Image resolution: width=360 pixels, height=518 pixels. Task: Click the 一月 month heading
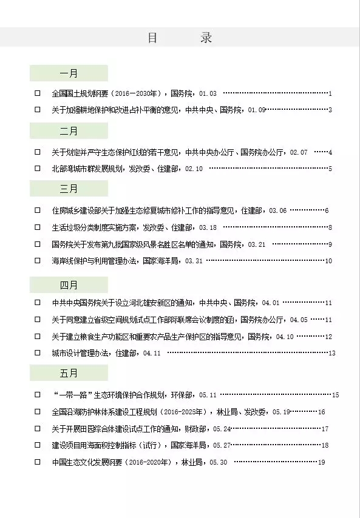tap(69, 73)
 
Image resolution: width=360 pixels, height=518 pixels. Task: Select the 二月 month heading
tap(69, 131)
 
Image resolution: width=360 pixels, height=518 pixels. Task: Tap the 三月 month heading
tap(69, 189)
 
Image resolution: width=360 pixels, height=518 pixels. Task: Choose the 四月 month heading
tap(69, 284)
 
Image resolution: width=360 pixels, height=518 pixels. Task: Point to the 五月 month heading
tap(69, 372)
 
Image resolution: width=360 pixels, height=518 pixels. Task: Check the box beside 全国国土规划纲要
tap(38, 93)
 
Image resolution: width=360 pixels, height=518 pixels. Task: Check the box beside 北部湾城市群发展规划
tap(38, 168)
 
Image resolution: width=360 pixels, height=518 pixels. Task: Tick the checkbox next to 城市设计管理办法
tap(38, 352)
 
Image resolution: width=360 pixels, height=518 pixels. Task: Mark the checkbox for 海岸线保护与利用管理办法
tap(38, 261)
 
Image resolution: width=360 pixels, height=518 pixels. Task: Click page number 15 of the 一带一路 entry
tap(335, 395)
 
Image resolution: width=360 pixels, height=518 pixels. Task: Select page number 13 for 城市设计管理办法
tap(331, 353)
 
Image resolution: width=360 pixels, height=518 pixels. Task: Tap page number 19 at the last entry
tap(322, 462)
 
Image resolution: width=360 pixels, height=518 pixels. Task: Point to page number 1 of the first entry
tap(330, 93)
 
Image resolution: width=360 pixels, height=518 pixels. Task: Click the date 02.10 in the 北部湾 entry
tap(194, 169)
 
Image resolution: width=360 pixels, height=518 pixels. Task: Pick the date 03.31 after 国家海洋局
tap(194, 261)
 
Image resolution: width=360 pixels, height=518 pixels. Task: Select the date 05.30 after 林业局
tap(218, 462)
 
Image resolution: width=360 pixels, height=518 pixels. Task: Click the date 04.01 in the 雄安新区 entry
tap(270, 303)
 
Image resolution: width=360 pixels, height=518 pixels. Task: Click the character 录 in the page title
tap(206, 38)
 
